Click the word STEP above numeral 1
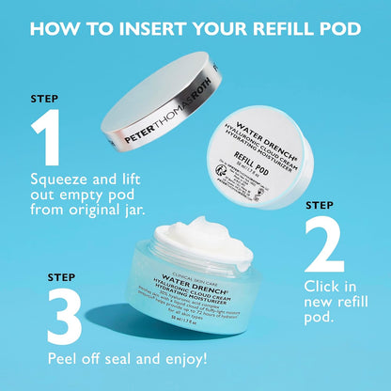pos(44,97)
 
